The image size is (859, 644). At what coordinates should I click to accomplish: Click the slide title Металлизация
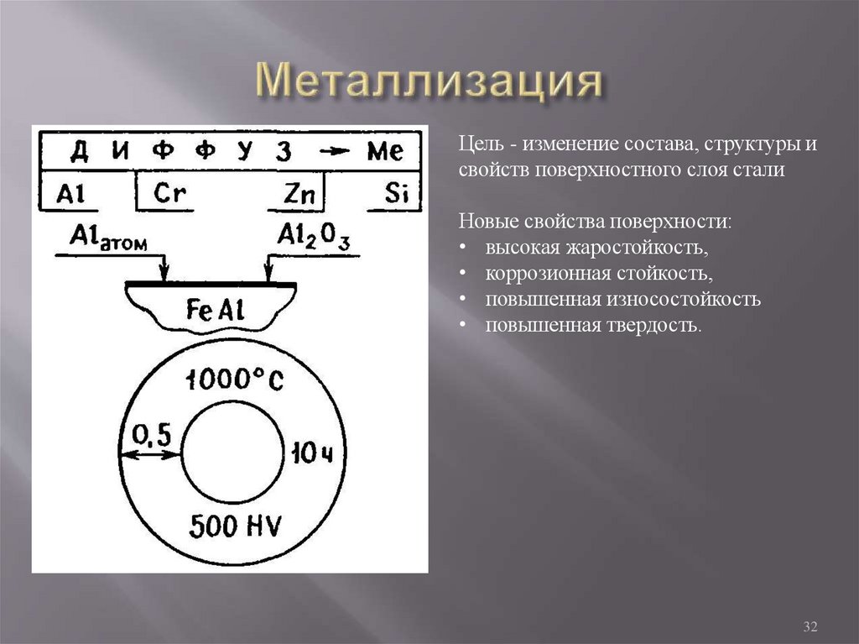pos(429,82)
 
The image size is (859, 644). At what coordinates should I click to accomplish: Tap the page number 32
pos(810,627)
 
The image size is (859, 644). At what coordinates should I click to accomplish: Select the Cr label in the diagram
pos(169,194)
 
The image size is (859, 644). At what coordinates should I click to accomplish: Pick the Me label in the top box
pos(385,151)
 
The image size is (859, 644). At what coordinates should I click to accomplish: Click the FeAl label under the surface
pos(215,310)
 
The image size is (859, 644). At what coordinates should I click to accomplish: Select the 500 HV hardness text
pos(236,526)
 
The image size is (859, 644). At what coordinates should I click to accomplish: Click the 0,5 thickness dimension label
pos(152,433)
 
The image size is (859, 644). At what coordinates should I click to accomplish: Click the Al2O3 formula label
pos(314,238)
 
